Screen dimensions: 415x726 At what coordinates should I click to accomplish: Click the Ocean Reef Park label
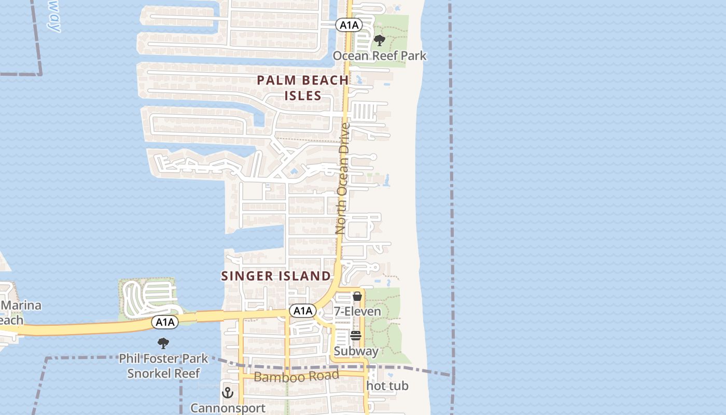tap(379, 56)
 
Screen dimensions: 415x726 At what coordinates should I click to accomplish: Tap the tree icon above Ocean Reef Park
tap(380, 40)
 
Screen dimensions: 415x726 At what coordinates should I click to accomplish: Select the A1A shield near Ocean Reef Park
tap(348, 24)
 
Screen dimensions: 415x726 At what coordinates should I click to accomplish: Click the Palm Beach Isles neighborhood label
tap(303, 88)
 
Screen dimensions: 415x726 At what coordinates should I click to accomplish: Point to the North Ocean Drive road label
tap(343, 178)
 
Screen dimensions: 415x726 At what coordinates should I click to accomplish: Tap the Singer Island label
tap(276, 276)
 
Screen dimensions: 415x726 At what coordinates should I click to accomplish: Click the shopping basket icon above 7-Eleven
tap(357, 297)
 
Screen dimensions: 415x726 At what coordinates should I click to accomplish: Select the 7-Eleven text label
tap(357, 311)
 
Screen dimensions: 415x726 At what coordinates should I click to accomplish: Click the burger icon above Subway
tap(355, 336)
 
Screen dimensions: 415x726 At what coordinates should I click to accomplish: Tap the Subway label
tap(356, 351)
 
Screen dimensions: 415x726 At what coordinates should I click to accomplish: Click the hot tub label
tap(387, 386)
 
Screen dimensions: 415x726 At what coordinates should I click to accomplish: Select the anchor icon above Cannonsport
tap(228, 393)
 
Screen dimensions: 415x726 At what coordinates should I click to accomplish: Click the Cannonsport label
tap(228, 408)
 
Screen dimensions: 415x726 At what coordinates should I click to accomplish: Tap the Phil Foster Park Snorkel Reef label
tap(163, 366)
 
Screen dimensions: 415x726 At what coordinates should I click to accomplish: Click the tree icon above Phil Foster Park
tap(163, 343)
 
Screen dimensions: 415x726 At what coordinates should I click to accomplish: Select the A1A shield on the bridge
tap(165, 323)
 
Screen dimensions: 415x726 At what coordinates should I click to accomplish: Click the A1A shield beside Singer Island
tap(302, 311)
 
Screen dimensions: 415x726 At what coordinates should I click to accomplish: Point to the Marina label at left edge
tap(21, 305)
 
